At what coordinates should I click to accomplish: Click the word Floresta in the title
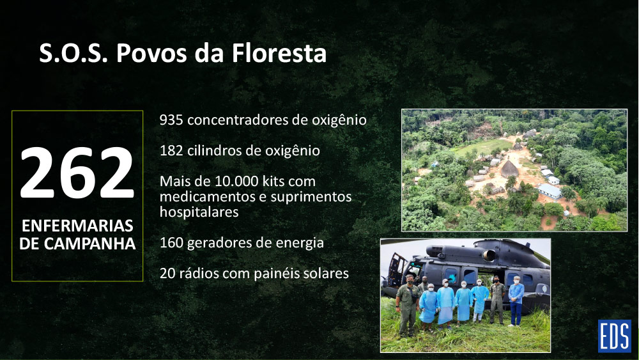pyautogui.click(x=279, y=53)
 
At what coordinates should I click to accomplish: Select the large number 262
pyautogui.click(x=77, y=173)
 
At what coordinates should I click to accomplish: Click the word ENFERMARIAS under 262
pyautogui.click(x=77, y=226)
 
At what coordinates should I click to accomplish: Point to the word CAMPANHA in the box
pyautogui.click(x=89, y=244)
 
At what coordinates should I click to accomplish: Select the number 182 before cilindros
pyautogui.click(x=171, y=150)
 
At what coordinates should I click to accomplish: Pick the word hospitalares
pyautogui.click(x=199, y=212)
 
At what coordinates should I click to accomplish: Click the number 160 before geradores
pyautogui.click(x=171, y=242)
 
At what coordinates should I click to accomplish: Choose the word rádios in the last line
pyautogui.click(x=199, y=273)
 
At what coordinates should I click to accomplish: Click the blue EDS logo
pyautogui.click(x=614, y=336)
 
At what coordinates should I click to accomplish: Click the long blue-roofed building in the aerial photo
pyautogui.click(x=549, y=191)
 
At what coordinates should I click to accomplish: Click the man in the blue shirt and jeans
pyautogui.click(x=516, y=301)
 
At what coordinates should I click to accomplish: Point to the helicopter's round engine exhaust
pyautogui.click(x=489, y=255)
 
